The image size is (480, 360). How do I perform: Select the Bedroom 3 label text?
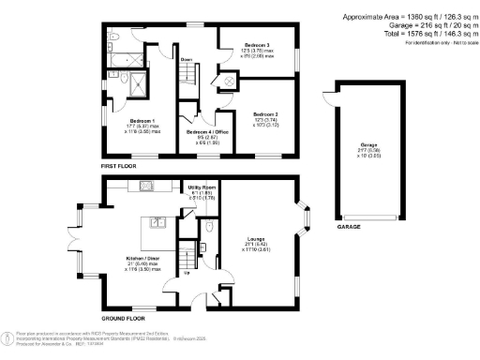(x=257, y=45)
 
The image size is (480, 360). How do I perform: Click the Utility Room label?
(x=202, y=188)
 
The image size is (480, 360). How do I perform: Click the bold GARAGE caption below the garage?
(x=351, y=227)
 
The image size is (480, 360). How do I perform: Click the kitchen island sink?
(x=158, y=222)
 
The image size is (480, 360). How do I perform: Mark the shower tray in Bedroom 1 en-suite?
(x=137, y=82)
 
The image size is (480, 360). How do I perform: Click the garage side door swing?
(x=326, y=96)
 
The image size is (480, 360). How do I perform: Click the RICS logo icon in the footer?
(x=7, y=336)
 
